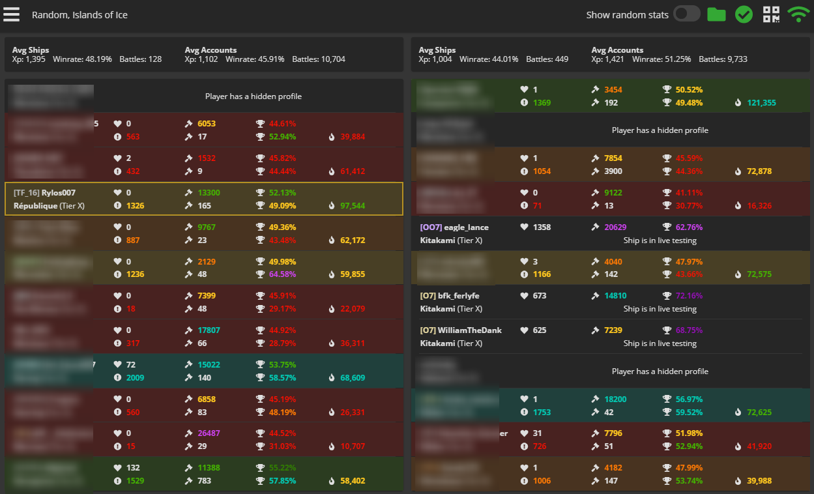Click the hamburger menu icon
[12, 14]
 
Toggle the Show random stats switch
[687, 14]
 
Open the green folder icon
[716, 14]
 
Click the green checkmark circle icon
[744, 14]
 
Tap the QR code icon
[772, 14]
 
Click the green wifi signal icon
[798, 14]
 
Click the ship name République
[35, 206]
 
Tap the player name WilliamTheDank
[470, 330]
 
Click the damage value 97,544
[353, 206]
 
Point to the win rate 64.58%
[282, 274]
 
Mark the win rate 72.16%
[689, 296]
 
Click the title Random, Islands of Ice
[80, 15]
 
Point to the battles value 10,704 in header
[330, 59]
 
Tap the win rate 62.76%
[689, 227]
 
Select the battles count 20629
[616, 227]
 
